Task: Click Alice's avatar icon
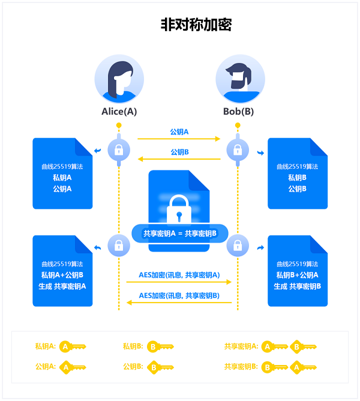119,79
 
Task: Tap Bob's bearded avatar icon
240,79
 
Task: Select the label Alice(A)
119,112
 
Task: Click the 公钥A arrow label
179,131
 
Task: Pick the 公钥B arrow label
179,152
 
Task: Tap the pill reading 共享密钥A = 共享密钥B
179,233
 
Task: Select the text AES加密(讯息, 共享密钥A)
179,275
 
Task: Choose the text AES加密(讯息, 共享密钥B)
179,295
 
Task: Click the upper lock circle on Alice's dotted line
119,149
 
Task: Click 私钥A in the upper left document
62,178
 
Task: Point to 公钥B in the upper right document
297,188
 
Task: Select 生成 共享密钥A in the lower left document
62,286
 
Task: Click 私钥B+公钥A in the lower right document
297,275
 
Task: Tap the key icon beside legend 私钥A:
72,346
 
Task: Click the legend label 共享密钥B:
241,366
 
